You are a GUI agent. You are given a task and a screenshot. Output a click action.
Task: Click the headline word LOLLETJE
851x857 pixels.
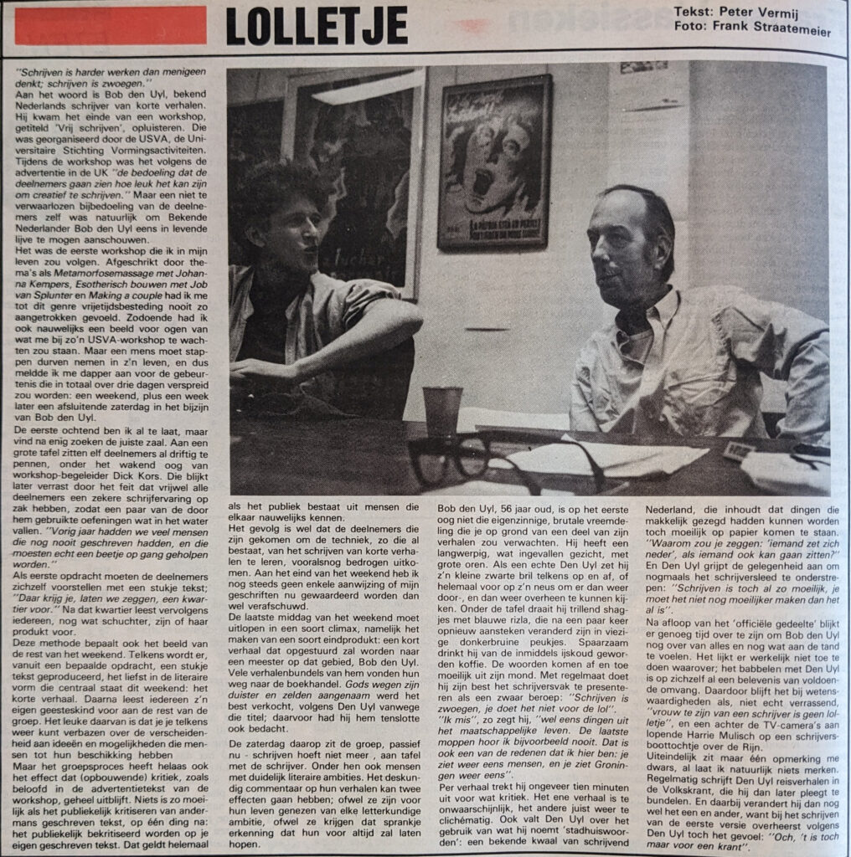[317, 27]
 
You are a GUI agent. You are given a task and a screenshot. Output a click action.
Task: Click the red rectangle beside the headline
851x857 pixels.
[111, 25]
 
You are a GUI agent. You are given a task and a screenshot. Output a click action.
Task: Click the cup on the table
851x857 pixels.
[441, 411]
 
